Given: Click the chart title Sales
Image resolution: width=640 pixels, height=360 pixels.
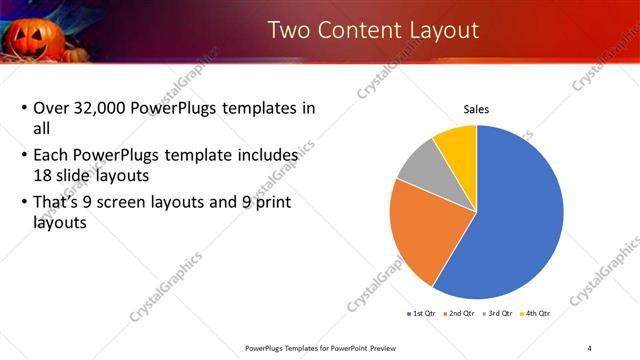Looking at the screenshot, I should click(475, 109).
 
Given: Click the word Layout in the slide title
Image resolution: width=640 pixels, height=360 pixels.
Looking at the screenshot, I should click(435, 31).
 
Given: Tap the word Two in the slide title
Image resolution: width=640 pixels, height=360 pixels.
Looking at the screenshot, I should click(293, 31).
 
